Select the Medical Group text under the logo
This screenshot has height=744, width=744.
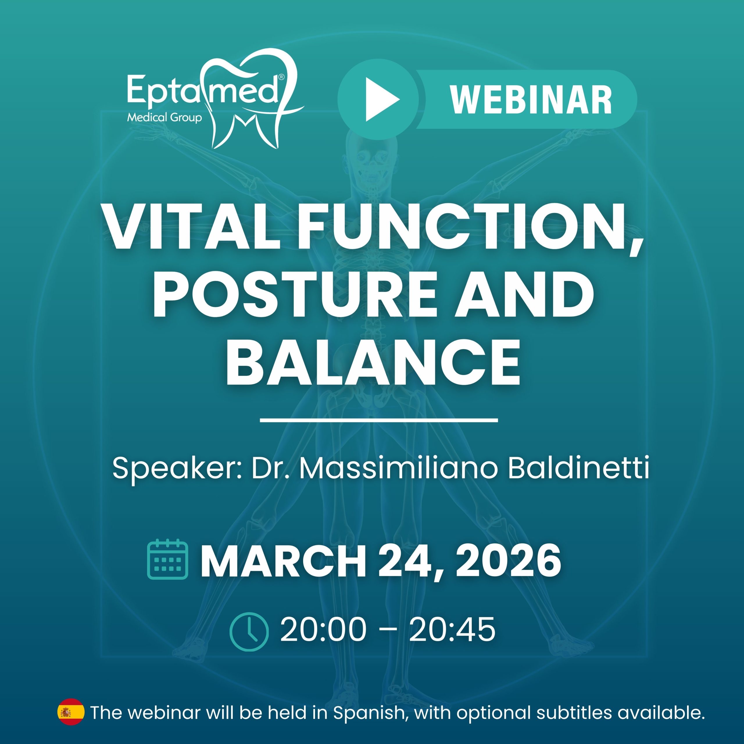click(164, 117)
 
